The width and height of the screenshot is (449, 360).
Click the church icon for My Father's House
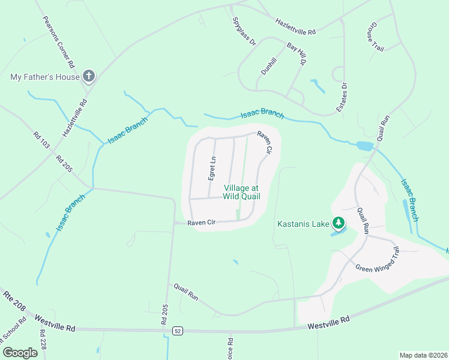tap(88, 76)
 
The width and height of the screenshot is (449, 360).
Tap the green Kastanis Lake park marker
tap(339, 224)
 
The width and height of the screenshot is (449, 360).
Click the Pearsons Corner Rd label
tap(58, 41)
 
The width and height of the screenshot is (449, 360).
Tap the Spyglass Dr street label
tap(244, 31)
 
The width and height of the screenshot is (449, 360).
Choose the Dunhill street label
tap(268, 65)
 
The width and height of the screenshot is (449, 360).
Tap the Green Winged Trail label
tap(377, 260)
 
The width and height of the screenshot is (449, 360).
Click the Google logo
tap(20, 353)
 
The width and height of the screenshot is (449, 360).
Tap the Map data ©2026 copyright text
tap(423, 355)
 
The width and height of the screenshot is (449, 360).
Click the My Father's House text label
tap(45, 77)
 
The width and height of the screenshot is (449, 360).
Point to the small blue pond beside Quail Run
tap(364, 146)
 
